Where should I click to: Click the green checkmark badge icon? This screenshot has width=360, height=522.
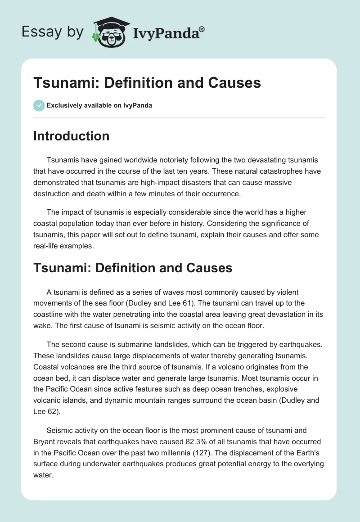click(x=39, y=105)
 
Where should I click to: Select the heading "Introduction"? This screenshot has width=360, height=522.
click(x=71, y=136)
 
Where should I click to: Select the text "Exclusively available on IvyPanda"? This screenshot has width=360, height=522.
click(x=99, y=105)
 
